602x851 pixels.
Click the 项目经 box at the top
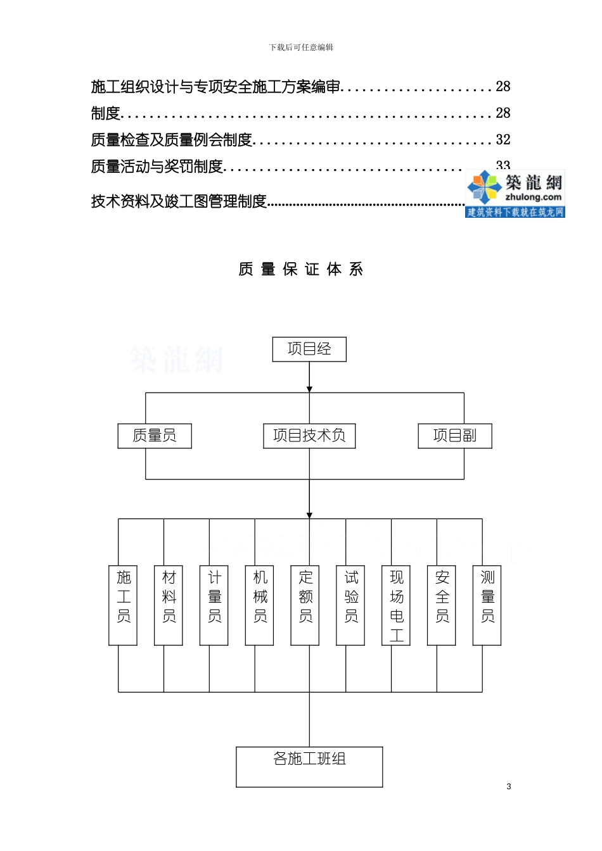[309, 350]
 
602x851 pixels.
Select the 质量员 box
[155, 436]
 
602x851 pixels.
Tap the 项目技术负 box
[309, 436]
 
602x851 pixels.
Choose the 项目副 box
[455, 436]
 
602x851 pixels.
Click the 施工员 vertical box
[124, 605]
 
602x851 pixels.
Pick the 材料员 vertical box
[169, 605]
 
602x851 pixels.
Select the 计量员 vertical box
[214, 605]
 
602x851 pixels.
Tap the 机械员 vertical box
[260, 605]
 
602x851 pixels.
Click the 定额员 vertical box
[305, 605]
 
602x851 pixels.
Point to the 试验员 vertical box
[351, 605]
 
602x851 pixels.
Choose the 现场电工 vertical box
[396, 605]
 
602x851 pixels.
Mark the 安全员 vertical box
[442, 605]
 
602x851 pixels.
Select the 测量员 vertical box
[487, 605]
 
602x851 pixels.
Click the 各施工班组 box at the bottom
[309, 767]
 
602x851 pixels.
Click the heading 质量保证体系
[301, 270]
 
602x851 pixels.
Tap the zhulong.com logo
[515, 193]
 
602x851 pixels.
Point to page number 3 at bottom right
[509, 786]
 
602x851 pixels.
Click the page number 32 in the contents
[503, 140]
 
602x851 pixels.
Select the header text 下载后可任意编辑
[301, 47]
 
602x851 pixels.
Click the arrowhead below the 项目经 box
[309, 388]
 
